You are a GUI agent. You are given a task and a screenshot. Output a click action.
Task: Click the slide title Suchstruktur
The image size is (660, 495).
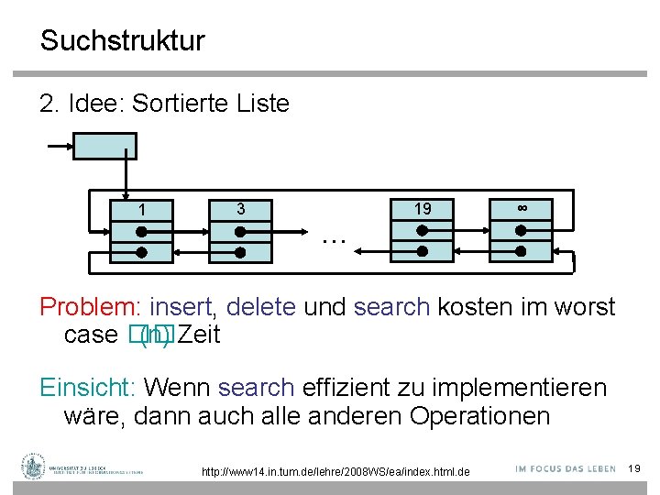click(x=122, y=41)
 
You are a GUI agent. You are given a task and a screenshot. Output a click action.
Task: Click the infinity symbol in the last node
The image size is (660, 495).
click(x=522, y=208)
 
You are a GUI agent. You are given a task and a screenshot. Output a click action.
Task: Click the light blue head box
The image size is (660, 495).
click(x=104, y=147)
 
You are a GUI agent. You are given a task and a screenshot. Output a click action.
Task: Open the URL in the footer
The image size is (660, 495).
click(x=335, y=471)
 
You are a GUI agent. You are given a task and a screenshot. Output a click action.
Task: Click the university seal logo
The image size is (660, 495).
click(x=35, y=467)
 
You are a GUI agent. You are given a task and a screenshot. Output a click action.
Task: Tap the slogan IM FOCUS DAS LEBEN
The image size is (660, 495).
click(x=565, y=467)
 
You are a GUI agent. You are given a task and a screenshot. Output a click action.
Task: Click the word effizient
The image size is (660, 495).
click(x=346, y=388)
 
